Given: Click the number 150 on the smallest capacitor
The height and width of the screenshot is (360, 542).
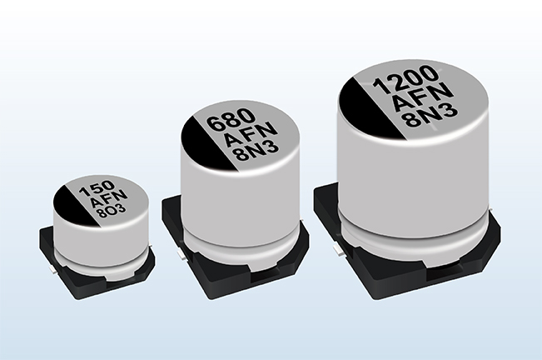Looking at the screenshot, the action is pos(97,189).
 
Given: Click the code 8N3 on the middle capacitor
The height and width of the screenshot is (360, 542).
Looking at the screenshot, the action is pos(256,152).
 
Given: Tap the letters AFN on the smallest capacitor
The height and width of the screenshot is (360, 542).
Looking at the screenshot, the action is pos(108,199).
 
